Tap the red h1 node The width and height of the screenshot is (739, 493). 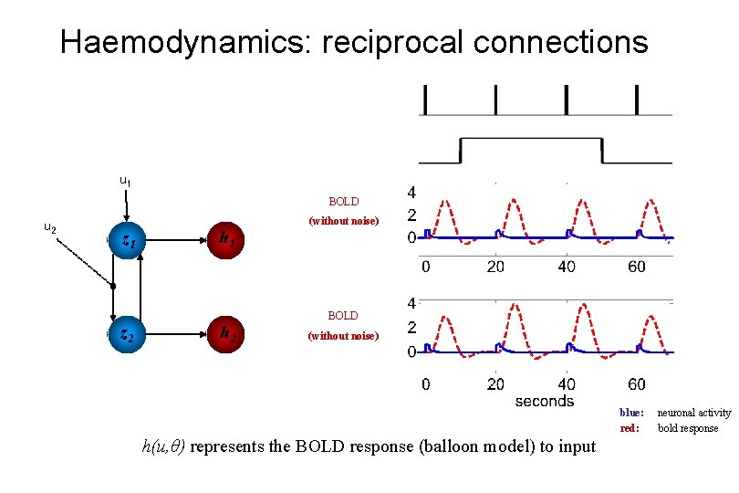225,241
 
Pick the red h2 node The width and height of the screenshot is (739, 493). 225,335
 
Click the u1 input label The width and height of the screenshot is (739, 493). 125,181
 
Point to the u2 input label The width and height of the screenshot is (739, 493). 51,227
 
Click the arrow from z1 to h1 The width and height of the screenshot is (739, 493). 177,241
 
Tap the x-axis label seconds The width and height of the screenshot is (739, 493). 544,401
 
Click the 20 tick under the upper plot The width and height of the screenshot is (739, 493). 495,267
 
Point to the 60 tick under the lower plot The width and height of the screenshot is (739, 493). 637,384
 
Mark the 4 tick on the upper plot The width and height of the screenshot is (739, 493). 411,193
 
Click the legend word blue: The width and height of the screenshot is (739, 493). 631,414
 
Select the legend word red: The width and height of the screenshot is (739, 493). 630,428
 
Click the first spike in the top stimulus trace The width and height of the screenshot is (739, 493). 423,99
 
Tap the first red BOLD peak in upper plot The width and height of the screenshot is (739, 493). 443,201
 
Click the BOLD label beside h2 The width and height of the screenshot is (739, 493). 343,315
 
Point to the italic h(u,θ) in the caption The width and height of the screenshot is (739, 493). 164,446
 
